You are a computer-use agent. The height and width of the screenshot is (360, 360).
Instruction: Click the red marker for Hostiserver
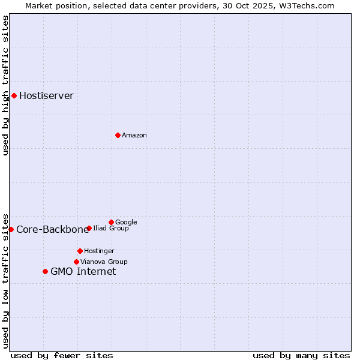(14, 95)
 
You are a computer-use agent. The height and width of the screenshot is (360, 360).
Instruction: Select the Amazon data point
(118, 135)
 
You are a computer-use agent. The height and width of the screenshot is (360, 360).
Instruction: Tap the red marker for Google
(111, 222)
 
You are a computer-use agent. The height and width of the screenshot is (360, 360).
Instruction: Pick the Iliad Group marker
(89, 228)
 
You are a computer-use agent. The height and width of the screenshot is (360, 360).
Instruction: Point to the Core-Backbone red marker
(11, 229)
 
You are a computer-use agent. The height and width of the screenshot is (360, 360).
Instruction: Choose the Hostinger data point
(80, 251)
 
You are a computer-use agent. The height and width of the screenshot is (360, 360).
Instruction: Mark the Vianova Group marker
(76, 262)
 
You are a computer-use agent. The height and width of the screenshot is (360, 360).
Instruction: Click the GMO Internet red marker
(45, 271)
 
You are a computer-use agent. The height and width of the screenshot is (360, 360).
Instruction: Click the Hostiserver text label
(46, 96)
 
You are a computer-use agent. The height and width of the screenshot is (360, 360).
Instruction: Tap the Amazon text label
(134, 136)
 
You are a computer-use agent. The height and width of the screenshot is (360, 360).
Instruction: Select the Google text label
(126, 222)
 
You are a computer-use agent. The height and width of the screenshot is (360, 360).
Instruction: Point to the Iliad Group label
(110, 228)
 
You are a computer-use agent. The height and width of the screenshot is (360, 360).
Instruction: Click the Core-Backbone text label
(52, 230)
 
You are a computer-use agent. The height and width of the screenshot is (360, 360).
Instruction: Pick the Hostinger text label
(99, 251)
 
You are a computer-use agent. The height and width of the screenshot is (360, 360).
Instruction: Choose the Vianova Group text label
(104, 262)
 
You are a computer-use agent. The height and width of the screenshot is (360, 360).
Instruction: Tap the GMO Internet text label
(83, 272)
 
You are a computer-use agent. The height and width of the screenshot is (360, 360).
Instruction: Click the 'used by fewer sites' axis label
(62, 355)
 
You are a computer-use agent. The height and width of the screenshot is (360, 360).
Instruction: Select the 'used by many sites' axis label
(301, 355)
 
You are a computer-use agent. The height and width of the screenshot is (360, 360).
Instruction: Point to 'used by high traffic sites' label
(5, 85)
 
